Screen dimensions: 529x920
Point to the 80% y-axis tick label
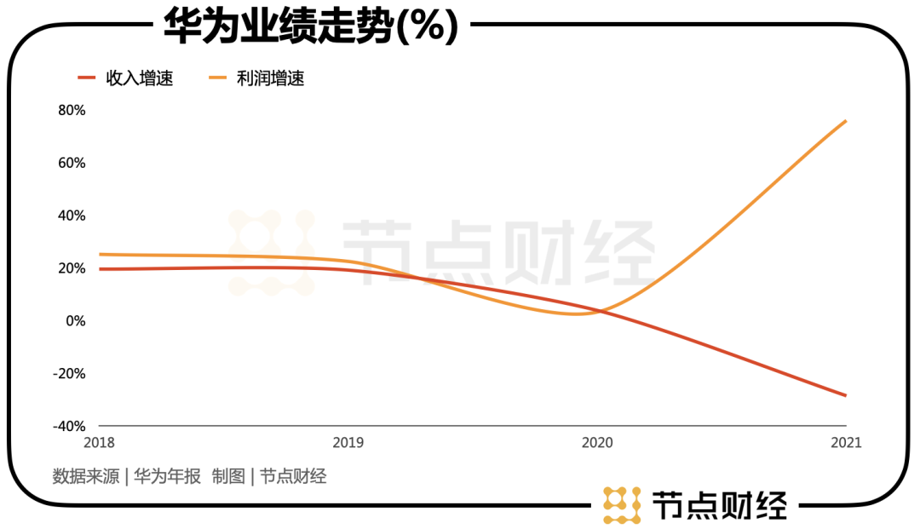pyautogui.click(x=72, y=111)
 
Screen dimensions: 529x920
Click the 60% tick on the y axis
pyautogui.click(x=72, y=163)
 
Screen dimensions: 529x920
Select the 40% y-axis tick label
pyautogui.click(x=72, y=216)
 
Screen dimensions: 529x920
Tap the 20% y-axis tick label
pyautogui.click(x=72, y=268)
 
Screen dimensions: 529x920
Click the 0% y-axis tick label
pyautogui.click(x=75, y=321)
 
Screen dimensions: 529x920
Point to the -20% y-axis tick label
pyautogui.click(x=70, y=373)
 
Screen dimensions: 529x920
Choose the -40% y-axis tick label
pyautogui.click(x=70, y=426)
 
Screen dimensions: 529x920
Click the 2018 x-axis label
pyautogui.click(x=99, y=443)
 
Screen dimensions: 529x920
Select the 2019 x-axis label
pyautogui.click(x=348, y=443)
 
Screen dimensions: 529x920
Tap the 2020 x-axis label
pyautogui.click(x=596, y=443)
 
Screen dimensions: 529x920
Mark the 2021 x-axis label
pyautogui.click(x=845, y=443)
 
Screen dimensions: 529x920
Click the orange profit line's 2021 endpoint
pyautogui.click(x=846, y=121)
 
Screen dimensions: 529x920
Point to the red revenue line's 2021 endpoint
pyautogui.click(x=846, y=395)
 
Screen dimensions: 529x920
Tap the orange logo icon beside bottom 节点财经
pyautogui.click(x=622, y=504)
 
